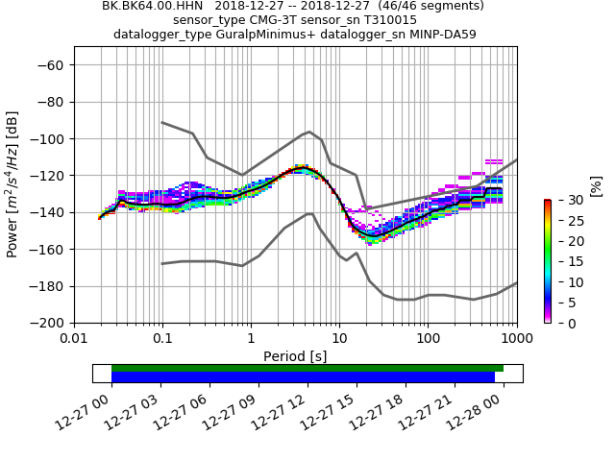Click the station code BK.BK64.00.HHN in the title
[x=147, y=6]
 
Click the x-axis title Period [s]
[x=295, y=356]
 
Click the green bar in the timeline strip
[x=307, y=368]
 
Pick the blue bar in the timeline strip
[x=303, y=377]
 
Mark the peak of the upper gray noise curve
[x=309, y=132]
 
